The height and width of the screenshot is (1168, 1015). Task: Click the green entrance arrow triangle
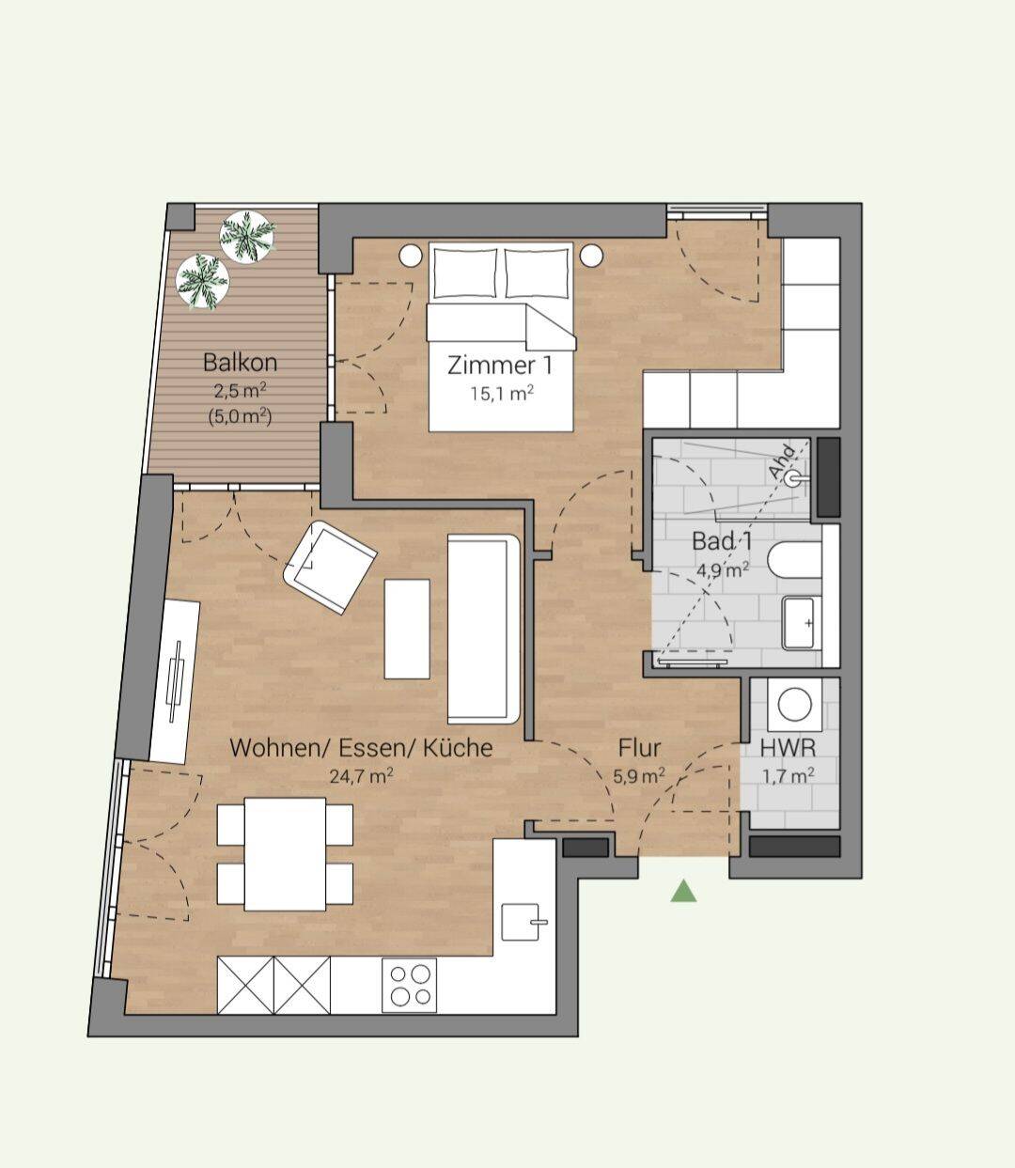tap(683, 893)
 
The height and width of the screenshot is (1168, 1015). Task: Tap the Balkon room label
tap(241, 363)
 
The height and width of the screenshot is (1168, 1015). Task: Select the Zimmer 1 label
tap(501, 366)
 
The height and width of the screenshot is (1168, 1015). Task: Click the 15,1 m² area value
tap(503, 394)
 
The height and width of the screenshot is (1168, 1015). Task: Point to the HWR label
tap(788, 748)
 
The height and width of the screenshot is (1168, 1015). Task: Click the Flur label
tap(639, 748)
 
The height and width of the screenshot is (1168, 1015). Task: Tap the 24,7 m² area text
tap(361, 776)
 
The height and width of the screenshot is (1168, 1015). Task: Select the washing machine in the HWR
tap(795, 705)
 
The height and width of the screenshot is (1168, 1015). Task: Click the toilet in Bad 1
tap(795, 560)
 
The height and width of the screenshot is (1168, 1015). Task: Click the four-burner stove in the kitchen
tap(410, 985)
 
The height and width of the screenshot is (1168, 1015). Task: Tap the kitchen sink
tap(522, 922)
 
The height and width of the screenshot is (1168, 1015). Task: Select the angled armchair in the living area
tap(330, 567)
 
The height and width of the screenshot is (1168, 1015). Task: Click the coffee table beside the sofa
tap(407, 629)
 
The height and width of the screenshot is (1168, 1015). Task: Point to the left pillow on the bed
tap(465, 273)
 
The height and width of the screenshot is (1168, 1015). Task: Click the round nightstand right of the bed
tap(592, 256)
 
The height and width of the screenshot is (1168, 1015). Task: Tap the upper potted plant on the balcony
tap(248, 238)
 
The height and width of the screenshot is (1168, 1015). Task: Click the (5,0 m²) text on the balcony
tap(241, 416)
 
